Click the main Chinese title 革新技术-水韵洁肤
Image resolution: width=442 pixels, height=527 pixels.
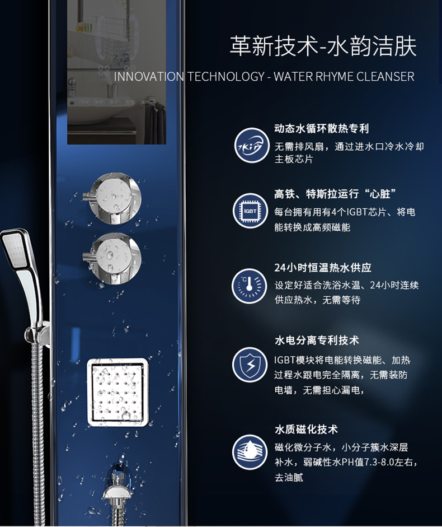pos(323,46)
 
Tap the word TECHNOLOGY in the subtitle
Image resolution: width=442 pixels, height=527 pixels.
pos(225,77)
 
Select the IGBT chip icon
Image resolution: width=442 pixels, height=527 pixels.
pos(250,211)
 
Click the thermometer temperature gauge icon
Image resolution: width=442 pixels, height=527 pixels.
pos(249,286)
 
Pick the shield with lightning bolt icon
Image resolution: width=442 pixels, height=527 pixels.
pos(250,365)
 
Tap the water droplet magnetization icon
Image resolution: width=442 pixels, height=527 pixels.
pos(250,452)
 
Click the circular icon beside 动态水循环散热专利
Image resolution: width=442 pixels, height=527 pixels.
pos(252,145)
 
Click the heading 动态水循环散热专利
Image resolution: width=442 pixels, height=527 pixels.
pos(321,128)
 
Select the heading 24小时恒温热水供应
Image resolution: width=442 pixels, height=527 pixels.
pos(323,268)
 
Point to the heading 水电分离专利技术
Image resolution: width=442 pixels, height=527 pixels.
pos(317,341)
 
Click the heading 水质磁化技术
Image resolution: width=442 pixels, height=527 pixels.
pos(306,429)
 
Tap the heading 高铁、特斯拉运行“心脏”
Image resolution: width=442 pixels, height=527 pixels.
pos(335,194)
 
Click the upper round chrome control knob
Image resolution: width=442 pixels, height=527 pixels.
pos(113,199)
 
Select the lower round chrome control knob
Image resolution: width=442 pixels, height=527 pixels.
pos(113,258)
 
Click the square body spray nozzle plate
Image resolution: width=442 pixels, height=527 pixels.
pos(117,392)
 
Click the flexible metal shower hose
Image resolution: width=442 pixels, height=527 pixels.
pos(38,433)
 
